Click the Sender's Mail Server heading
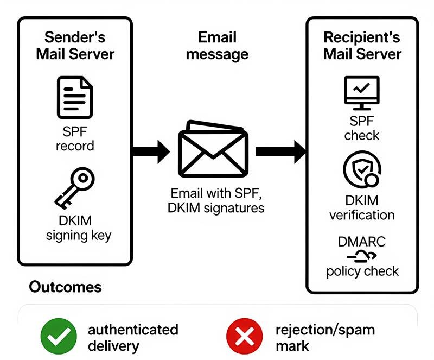click(75, 46)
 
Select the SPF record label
click(75, 138)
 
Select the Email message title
click(217, 46)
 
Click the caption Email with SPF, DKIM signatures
click(217, 200)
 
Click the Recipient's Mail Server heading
click(362, 46)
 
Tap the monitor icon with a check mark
click(362, 93)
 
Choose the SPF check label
click(362, 127)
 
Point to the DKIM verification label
click(362, 207)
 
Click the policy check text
click(362, 270)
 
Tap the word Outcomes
click(65, 287)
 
